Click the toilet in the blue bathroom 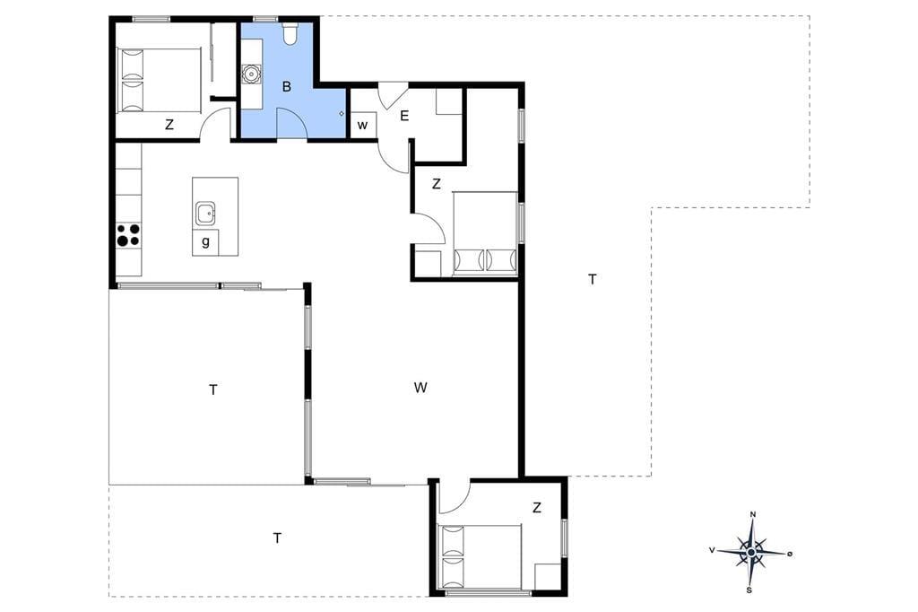[x=290, y=33]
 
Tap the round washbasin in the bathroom [x=251, y=74]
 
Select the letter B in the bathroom [x=286, y=87]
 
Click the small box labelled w [x=363, y=125]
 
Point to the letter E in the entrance [x=404, y=116]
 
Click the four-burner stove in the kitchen [x=129, y=234]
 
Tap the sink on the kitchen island [x=206, y=213]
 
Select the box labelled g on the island [x=205, y=242]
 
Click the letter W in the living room [x=420, y=388]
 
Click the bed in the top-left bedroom [x=160, y=80]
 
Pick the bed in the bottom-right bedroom [x=480, y=557]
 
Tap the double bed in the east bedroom [x=485, y=232]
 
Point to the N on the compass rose [x=753, y=515]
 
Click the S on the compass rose [x=749, y=590]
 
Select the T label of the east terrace [x=592, y=280]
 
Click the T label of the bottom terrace [x=277, y=538]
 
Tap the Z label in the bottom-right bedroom [x=537, y=508]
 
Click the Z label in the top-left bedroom [x=169, y=124]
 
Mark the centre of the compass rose [x=751, y=552]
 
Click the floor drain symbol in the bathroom [x=342, y=114]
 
